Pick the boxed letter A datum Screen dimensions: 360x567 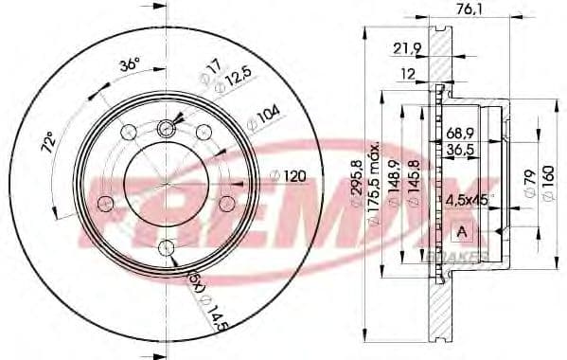[x=462, y=233]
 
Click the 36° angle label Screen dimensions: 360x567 [x=129, y=65]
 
